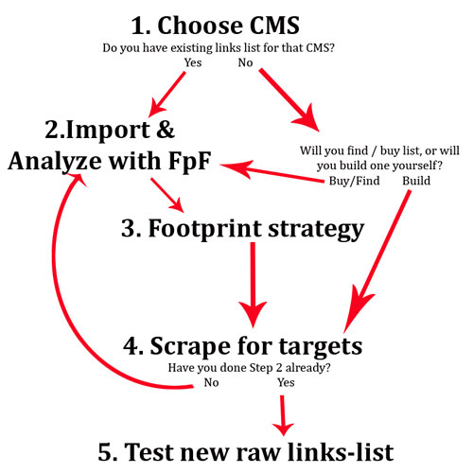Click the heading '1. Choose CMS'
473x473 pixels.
(215, 26)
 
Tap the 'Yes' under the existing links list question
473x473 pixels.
(193, 62)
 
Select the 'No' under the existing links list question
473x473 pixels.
(245, 62)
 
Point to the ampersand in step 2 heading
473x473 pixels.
(166, 130)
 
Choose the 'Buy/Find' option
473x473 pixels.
(354, 181)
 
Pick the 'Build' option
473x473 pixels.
(416, 181)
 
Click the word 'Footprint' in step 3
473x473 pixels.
(204, 228)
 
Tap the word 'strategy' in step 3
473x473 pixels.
(316, 230)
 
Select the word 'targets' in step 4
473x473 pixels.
(321, 347)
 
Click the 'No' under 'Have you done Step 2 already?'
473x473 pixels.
(211, 382)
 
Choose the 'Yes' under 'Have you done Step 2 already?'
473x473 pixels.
(286, 382)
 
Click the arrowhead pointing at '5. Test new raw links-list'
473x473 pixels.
(283, 429)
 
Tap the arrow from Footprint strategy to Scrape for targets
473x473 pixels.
(253, 285)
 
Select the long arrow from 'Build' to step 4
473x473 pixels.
(377, 261)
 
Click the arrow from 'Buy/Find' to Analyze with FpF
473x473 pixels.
(272, 172)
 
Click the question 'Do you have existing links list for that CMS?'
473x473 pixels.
(219, 48)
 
